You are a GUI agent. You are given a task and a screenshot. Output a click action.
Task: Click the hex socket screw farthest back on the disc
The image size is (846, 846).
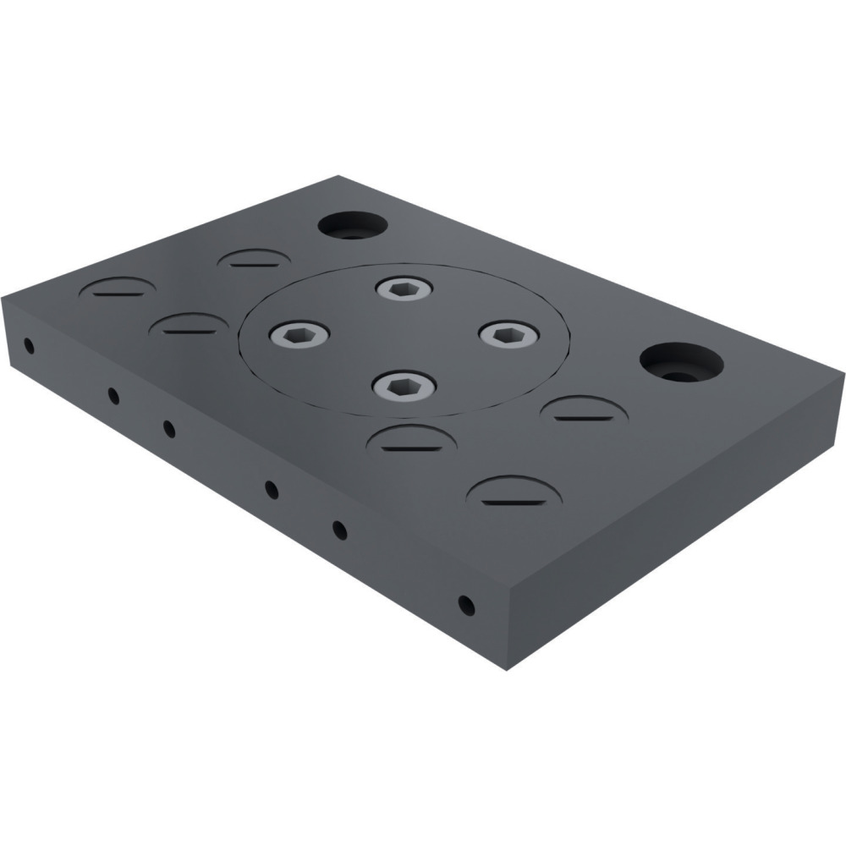click(x=403, y=289)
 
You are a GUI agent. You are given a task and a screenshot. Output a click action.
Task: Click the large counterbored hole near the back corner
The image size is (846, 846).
click(x=352, y=225)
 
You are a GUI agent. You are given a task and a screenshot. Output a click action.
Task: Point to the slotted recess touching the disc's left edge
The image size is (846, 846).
click(x=190, y=327)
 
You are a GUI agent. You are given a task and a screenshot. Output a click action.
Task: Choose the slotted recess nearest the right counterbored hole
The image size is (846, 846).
click(x=584, y=412)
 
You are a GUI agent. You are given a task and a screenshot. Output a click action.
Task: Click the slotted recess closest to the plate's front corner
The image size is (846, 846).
click(x=516, y=493)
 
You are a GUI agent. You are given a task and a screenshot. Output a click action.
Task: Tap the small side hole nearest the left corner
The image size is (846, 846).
click(x=29, y=345)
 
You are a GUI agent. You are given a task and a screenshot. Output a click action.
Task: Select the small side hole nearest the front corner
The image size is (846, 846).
click(x=464, y=604)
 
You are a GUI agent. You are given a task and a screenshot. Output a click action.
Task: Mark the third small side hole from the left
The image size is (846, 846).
click(x=169, y=428)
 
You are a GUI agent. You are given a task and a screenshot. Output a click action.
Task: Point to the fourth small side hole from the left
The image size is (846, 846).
click(x=272, y=489)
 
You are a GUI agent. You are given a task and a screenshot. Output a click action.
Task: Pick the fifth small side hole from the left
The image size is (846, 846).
click(x=339, y=530)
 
